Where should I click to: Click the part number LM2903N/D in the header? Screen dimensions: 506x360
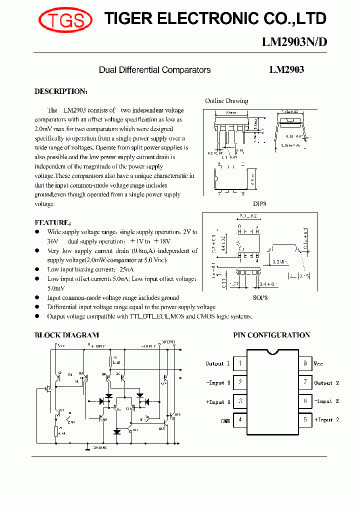coord(294,42)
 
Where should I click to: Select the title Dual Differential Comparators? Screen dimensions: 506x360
coord(154,70)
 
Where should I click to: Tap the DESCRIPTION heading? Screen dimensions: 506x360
coord(61,91)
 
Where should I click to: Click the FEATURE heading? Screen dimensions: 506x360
coord(52,222)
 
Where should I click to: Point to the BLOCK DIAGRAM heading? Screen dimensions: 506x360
coord(66,335)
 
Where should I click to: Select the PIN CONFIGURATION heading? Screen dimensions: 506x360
coord(272,335)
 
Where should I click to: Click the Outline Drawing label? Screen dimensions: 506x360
coord(226,101)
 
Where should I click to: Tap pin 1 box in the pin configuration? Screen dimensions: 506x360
coord(240,363)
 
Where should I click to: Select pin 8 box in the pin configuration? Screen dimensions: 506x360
coord(304,363)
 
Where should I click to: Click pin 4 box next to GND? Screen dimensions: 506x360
coord(240,420)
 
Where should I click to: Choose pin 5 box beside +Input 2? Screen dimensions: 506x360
coord(304,420)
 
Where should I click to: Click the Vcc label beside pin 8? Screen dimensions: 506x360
coord(318,364)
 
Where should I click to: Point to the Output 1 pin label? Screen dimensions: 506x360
coord(218,364)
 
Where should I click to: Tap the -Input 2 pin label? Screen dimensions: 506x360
coord(326,401)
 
